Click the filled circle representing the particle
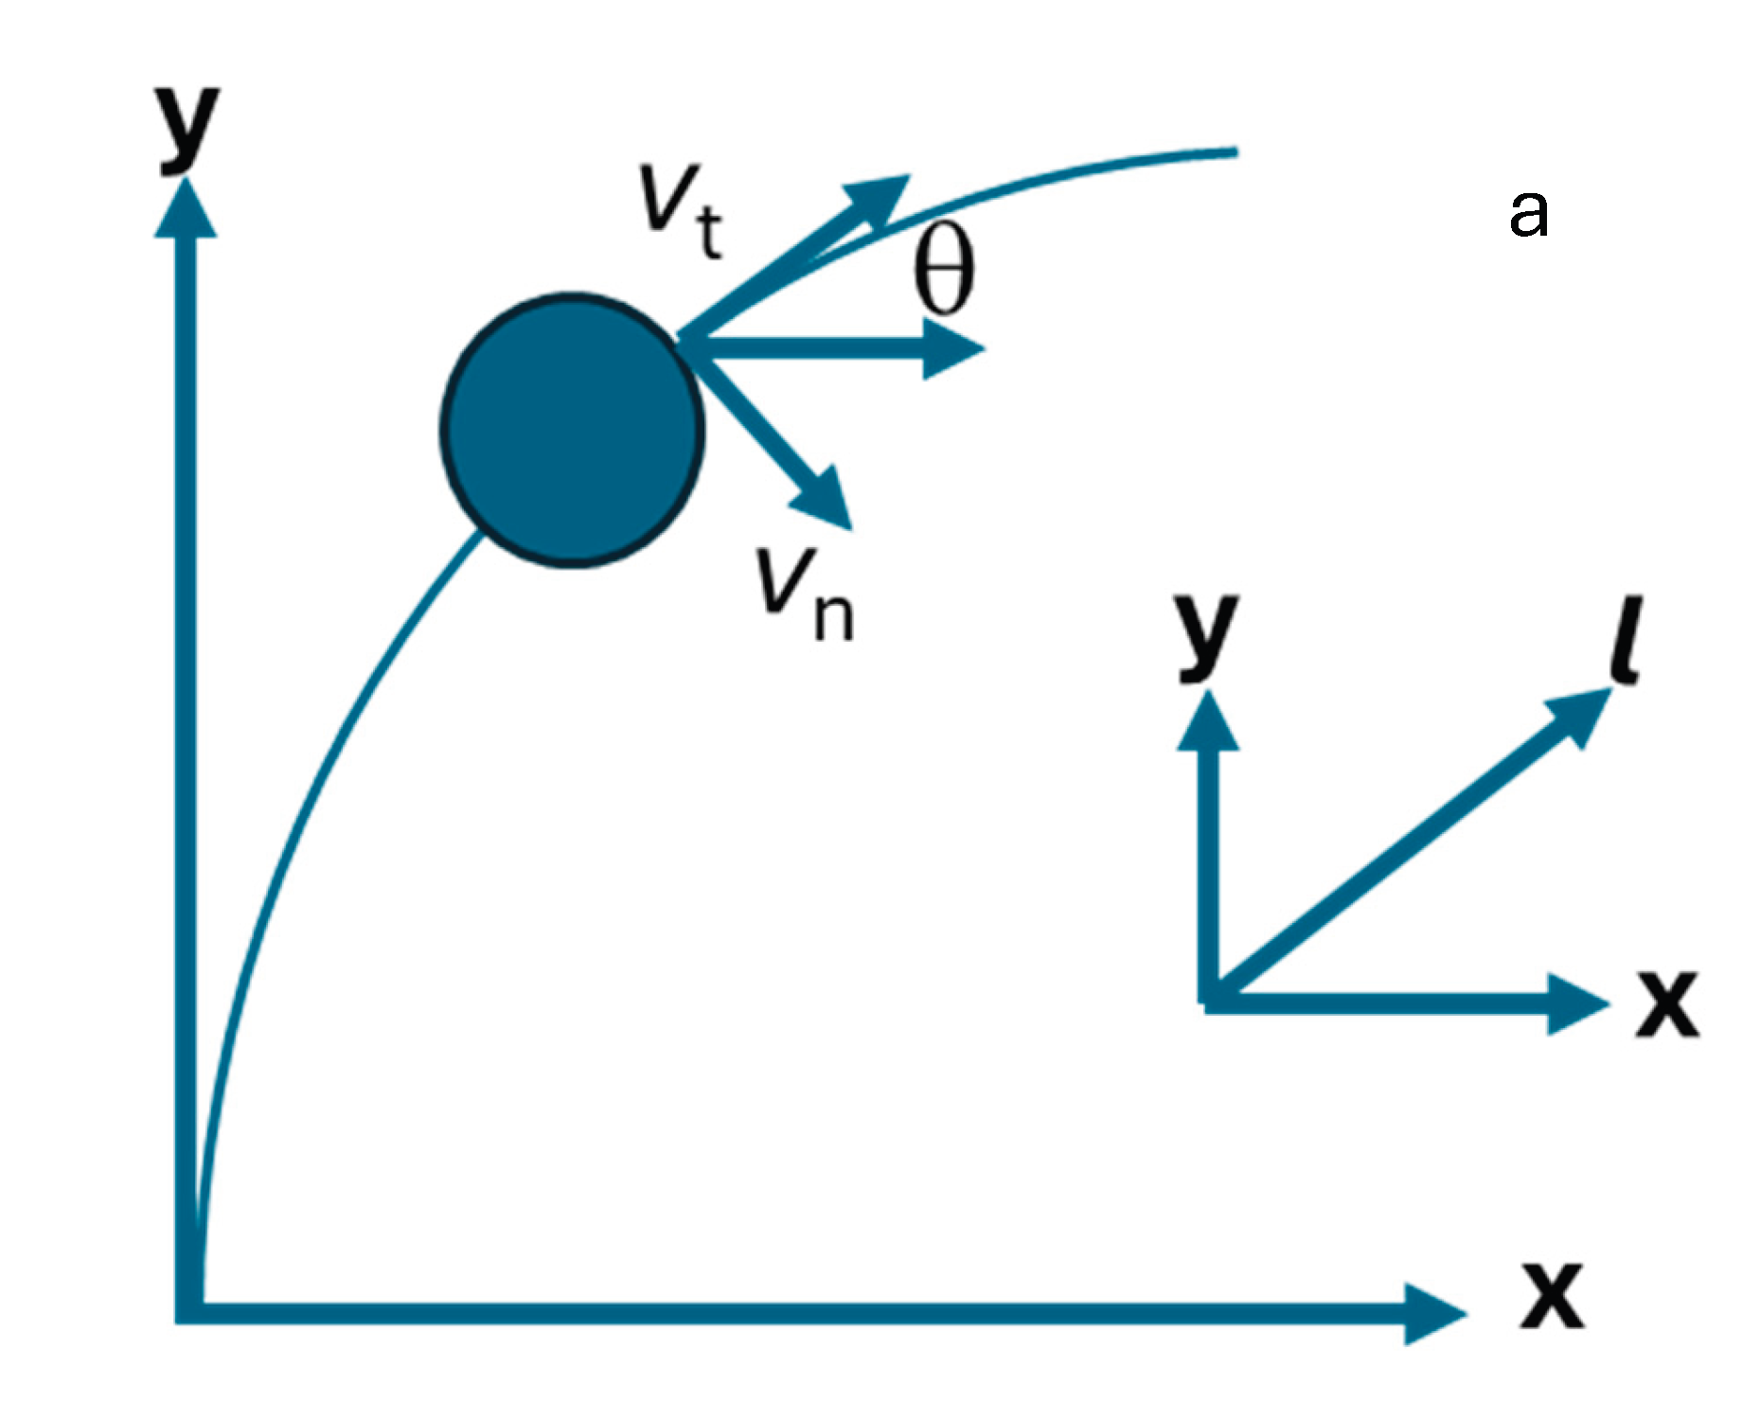pyautogui.click(x=573, y=431)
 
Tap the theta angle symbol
pyautogui.click(x=943, y=272)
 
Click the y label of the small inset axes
pyautogui.click(x=1206, y=635)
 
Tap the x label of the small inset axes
pyautogui.click(x=1668, y=1003)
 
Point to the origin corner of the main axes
pyautogui.click(x=187, y=1311)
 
